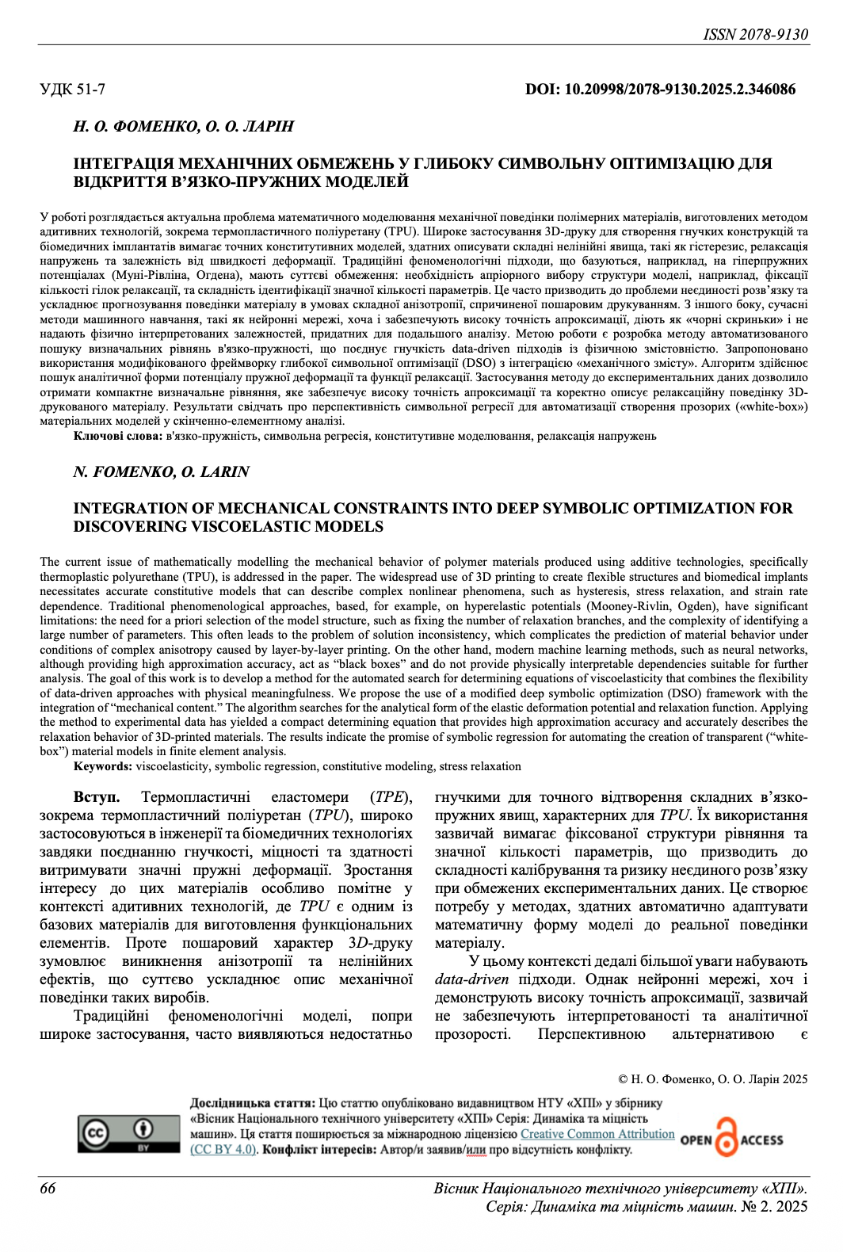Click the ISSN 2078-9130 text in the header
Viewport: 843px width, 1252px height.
point(755,34)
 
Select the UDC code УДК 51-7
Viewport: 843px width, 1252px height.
point(73,90)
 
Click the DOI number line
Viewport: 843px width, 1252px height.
point(660,90)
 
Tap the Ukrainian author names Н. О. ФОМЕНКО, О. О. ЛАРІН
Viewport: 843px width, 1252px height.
point(183,126)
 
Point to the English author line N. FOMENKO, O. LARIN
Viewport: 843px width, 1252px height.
point(161,471)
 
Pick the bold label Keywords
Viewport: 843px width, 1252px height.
point(103,766)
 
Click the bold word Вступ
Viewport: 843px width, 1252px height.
point(97,797)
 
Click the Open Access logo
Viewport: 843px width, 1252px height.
point(730,1139)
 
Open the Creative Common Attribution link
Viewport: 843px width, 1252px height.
point(597,1134)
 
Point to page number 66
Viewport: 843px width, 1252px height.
point(48,1188)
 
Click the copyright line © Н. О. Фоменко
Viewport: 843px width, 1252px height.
point(712,1079)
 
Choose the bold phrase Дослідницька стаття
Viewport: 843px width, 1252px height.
point(252,1103)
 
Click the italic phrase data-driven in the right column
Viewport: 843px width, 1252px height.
point(471,979)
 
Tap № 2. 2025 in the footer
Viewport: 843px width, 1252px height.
point(774,1206)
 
